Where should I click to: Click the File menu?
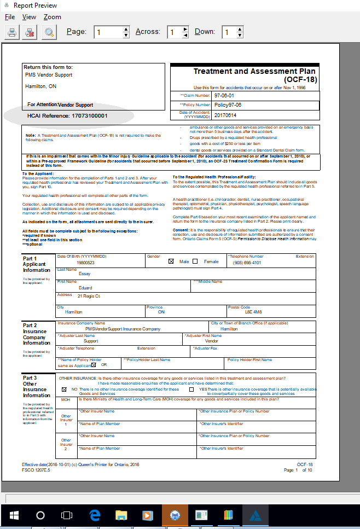[x=10, y=17]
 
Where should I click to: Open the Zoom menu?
[x=53, y=17]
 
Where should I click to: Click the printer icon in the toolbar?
[x=11, y=32]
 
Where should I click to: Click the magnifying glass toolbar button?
[x=50, y=32]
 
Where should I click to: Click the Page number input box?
[x=108, y=32]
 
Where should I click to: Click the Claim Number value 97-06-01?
[x=224, y=95]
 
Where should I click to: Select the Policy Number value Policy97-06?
[x=228, y=104]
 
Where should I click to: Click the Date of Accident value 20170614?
[x=225, y=115]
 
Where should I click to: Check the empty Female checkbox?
[x=195, y=261]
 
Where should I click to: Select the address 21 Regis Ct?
[x=89, y=296]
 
